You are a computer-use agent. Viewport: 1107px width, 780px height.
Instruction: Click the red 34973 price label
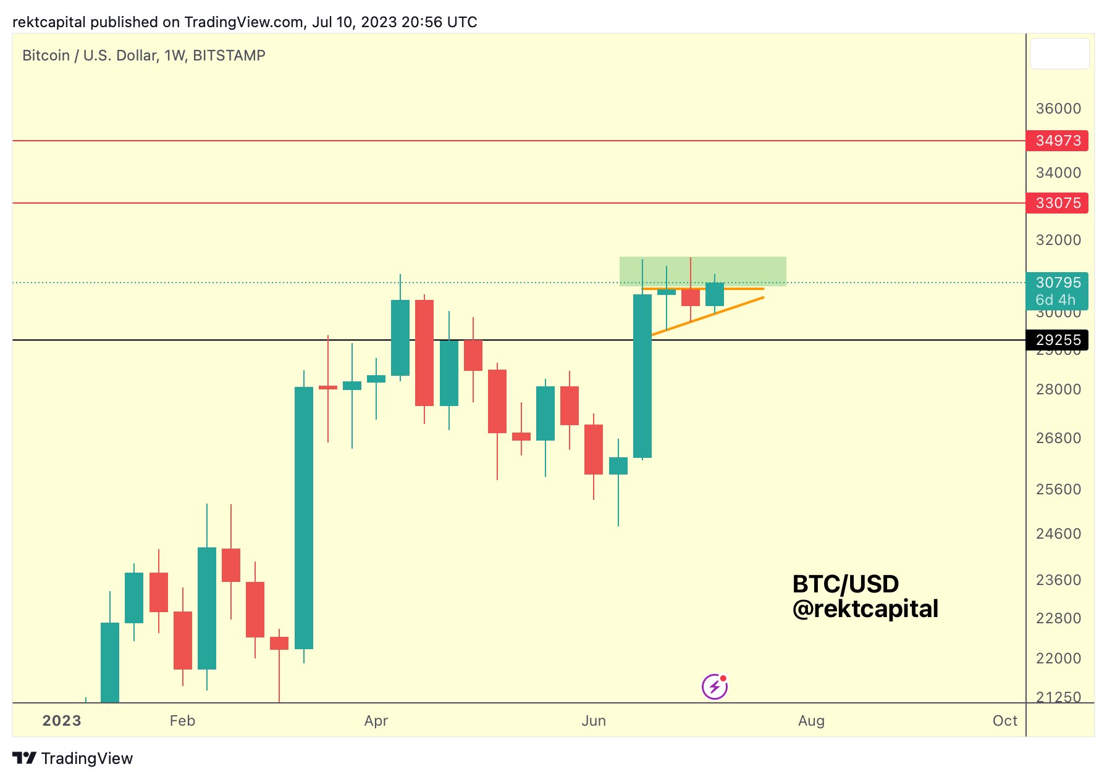(x=1057, y=141)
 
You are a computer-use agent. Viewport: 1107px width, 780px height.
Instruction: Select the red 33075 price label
(x=1057, y=203)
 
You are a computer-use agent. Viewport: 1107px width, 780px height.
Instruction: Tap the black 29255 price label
(x=1057, y=340)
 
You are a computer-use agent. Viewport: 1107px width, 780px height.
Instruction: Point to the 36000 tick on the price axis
(x=1058, y=109)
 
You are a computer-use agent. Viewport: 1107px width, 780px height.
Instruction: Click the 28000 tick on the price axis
(x=1058, y=389)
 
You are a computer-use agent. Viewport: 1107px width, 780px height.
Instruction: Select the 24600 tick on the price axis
(x=1058, y=534)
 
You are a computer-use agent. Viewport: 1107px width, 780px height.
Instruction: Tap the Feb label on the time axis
(x=182, y=721)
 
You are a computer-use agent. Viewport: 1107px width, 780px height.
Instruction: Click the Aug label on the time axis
(x=811, y=721)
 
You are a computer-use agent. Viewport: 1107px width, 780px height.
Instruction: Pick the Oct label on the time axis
(x=1004, y=721)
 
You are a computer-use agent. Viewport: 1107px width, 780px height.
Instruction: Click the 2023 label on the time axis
(x=62, y=721)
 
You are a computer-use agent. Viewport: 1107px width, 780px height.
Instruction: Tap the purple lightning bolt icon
(x=715, y=687)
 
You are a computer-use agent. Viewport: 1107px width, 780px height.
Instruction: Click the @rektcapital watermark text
(x=865, y=609)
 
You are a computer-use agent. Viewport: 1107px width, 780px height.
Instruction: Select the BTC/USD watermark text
(x=845, y=584)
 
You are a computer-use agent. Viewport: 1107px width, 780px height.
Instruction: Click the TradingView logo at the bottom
(x=73, y=758)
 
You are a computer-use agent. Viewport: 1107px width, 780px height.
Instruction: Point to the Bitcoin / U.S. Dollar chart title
(x=143, y=56)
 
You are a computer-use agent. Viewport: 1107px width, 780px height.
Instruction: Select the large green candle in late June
(x=642, y=376)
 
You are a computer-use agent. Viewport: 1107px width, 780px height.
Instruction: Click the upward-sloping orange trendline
(x=708, y=316)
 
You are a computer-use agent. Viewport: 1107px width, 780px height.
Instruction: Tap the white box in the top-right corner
(x=1059, y=54)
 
